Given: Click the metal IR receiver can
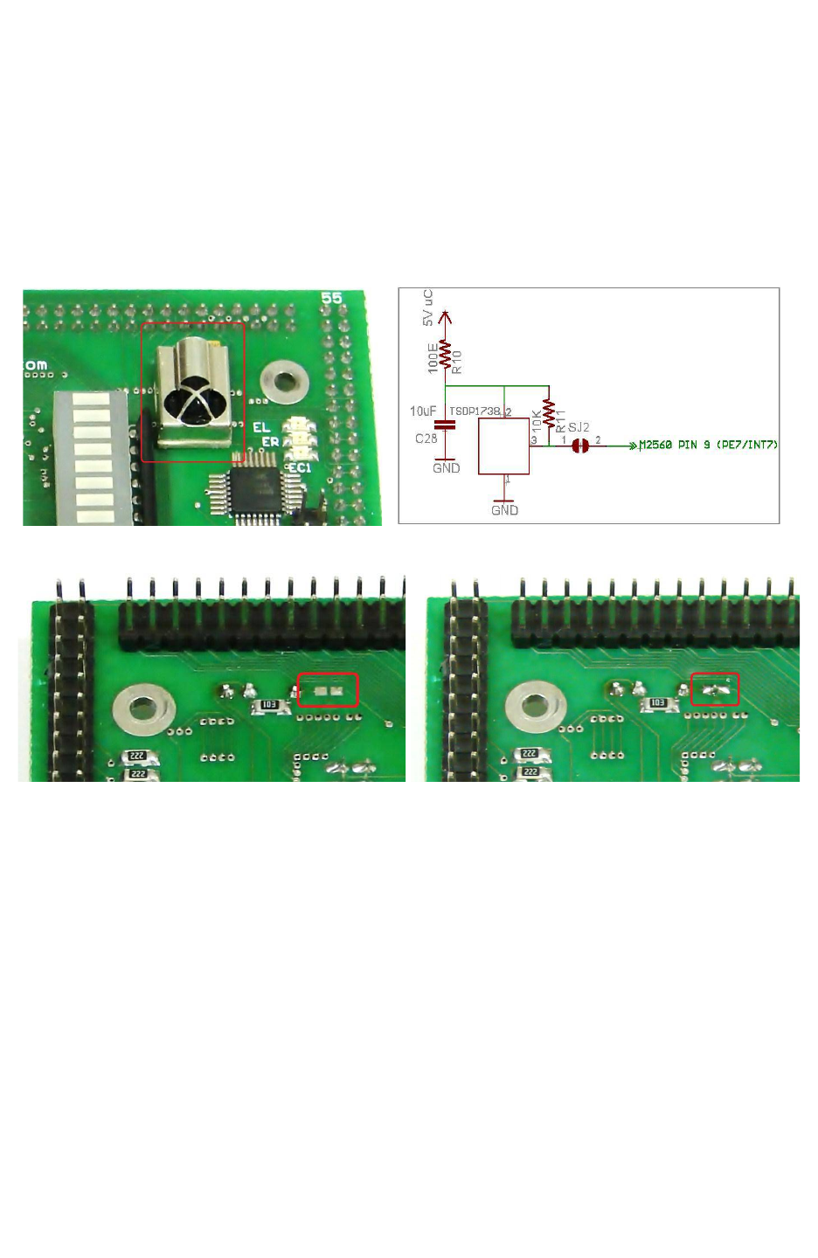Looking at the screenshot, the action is click(193, 393).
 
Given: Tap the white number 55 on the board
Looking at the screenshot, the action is click(331, 298).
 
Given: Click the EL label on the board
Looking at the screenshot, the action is click(261, 427).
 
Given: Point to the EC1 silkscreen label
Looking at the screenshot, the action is click(300, 468).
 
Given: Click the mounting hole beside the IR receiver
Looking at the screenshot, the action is click(284, 381).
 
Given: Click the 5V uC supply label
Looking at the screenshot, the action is click(427, 308).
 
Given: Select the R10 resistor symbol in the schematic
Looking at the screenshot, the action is click(446, 355).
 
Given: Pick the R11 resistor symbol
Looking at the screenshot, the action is click(549, 414).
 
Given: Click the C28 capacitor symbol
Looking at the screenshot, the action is click(445, 425).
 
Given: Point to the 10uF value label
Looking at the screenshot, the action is click(422, 411).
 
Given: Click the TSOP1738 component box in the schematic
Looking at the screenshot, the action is click(503, 446).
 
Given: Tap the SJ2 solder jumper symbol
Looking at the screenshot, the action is click(579, 446).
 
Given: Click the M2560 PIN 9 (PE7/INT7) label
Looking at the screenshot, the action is click(708, 446).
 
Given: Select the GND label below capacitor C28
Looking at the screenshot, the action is click(446, 468).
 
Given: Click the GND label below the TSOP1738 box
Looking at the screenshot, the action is click(504, 510).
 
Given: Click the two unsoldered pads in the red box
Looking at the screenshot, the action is click(328, 691).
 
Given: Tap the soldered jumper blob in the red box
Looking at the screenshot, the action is click(716, 691).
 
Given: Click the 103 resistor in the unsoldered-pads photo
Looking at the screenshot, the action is click(268, 705).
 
